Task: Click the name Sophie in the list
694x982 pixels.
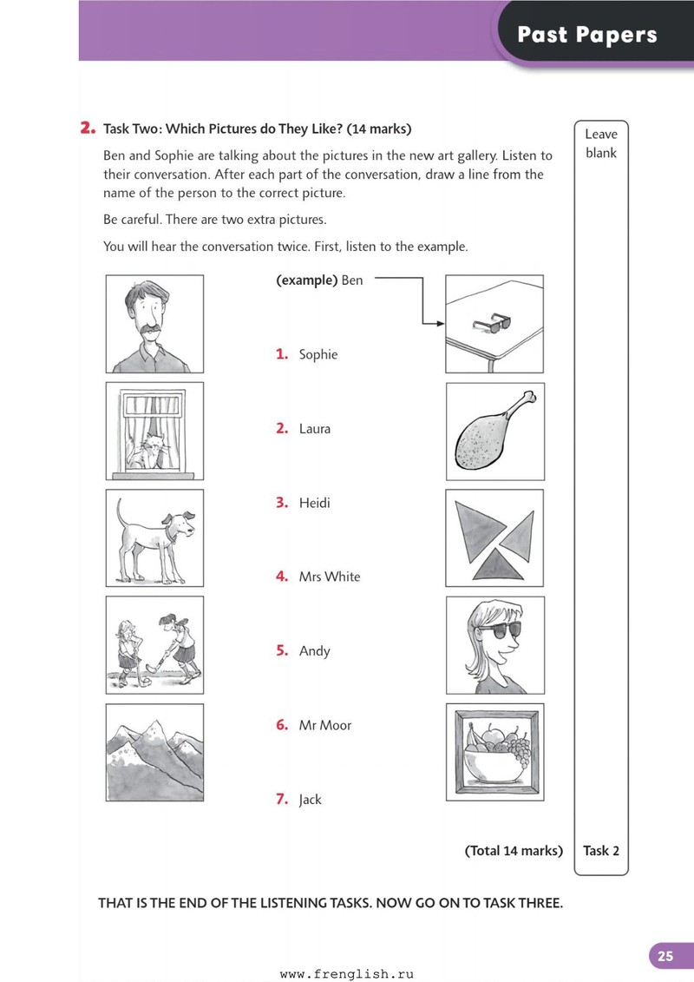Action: pyautogui.click(x=318, y=354)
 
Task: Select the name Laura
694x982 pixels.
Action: pyautogui.click(x=314, y=429)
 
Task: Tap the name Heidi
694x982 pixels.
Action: pyautogui.click(x=314, y=503)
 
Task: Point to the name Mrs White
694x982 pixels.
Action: pyautogui.click(x=329, y=577)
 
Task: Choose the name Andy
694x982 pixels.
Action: pyautogui.click(x=314, y=651)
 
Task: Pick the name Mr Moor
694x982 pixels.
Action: pyautogui.click(x=324, y=725)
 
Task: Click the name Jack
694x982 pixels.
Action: pyautogui.click(x=310, y=800)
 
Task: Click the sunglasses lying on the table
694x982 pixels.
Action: pyautogui.click(x=492, y=322)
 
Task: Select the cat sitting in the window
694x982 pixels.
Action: pyautogui.click(x=145, y=451)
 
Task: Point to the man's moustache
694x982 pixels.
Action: pyautogui.click(x=149, y=331)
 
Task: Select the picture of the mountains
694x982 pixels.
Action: pyautogui.click(x=154, y=753)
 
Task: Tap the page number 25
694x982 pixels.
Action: pyautogui.click(x=665, y=956)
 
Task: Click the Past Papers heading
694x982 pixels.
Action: pyautogui.click(x=587, y=35)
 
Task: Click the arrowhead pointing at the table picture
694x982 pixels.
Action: pyautogui.click(x=441, y=324)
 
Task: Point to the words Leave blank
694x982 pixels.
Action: pyautogui.click(x=601, y=143)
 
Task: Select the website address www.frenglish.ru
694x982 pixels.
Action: pyautogui.click(x=347, y=974)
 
